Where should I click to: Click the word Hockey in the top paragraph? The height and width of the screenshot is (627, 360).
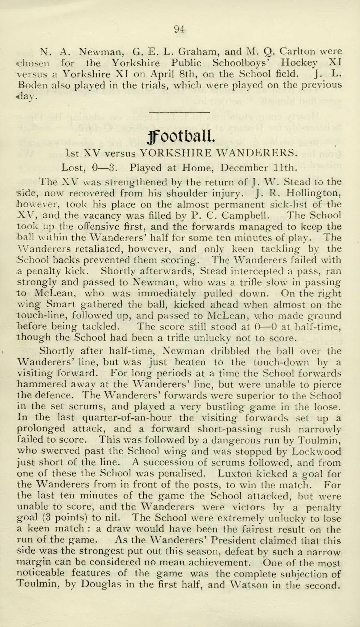pos(299,63)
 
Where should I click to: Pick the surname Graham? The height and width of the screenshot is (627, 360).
pos(198,51)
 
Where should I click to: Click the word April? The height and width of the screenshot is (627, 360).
pos(162,74)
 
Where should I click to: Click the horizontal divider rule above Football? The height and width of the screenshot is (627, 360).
pos(179,112)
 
